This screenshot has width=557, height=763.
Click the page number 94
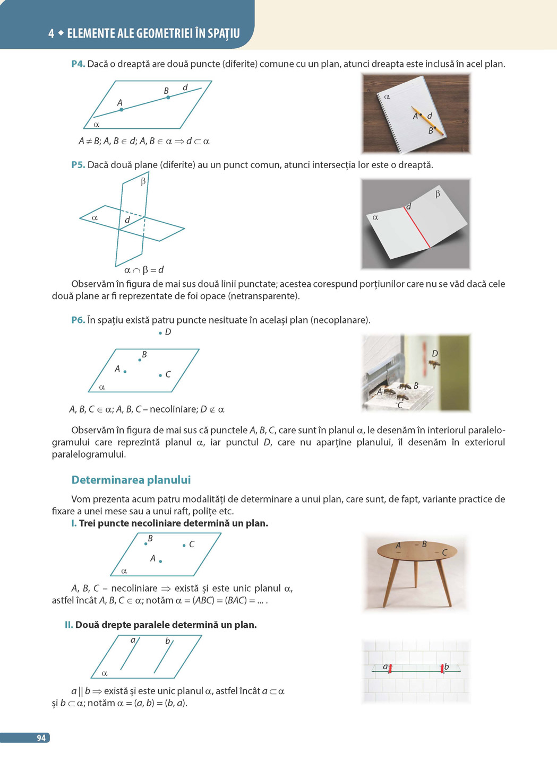tap(41, 738)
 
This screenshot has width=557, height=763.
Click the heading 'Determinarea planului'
tap(131, 480)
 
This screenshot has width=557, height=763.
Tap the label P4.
tap(78, 64)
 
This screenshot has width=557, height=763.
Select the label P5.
tap(78, 165)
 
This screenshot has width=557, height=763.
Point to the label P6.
tap(78, 320)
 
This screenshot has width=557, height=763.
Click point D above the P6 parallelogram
tap(160, 333)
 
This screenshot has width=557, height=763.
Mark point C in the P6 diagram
tap(160, 375)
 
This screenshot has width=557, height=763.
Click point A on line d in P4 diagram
tap(122, 109)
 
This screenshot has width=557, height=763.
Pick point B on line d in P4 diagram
tap(168, 98)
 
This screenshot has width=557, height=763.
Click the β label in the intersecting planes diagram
tap(143, 182)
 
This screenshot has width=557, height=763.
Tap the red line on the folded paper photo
tap(418, 226)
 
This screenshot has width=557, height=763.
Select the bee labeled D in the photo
tap(434, 364)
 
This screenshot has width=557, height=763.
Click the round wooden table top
tap(417, 551)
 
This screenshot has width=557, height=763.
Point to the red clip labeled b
tap(442, 669)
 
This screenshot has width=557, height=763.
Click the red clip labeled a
tap(390, 669)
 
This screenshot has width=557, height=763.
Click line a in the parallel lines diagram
tap(129, 655)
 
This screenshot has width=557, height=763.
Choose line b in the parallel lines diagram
tap(163, 657)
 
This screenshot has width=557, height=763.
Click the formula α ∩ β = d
tap(144, 270)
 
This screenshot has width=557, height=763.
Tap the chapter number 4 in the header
tap(51, 33)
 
